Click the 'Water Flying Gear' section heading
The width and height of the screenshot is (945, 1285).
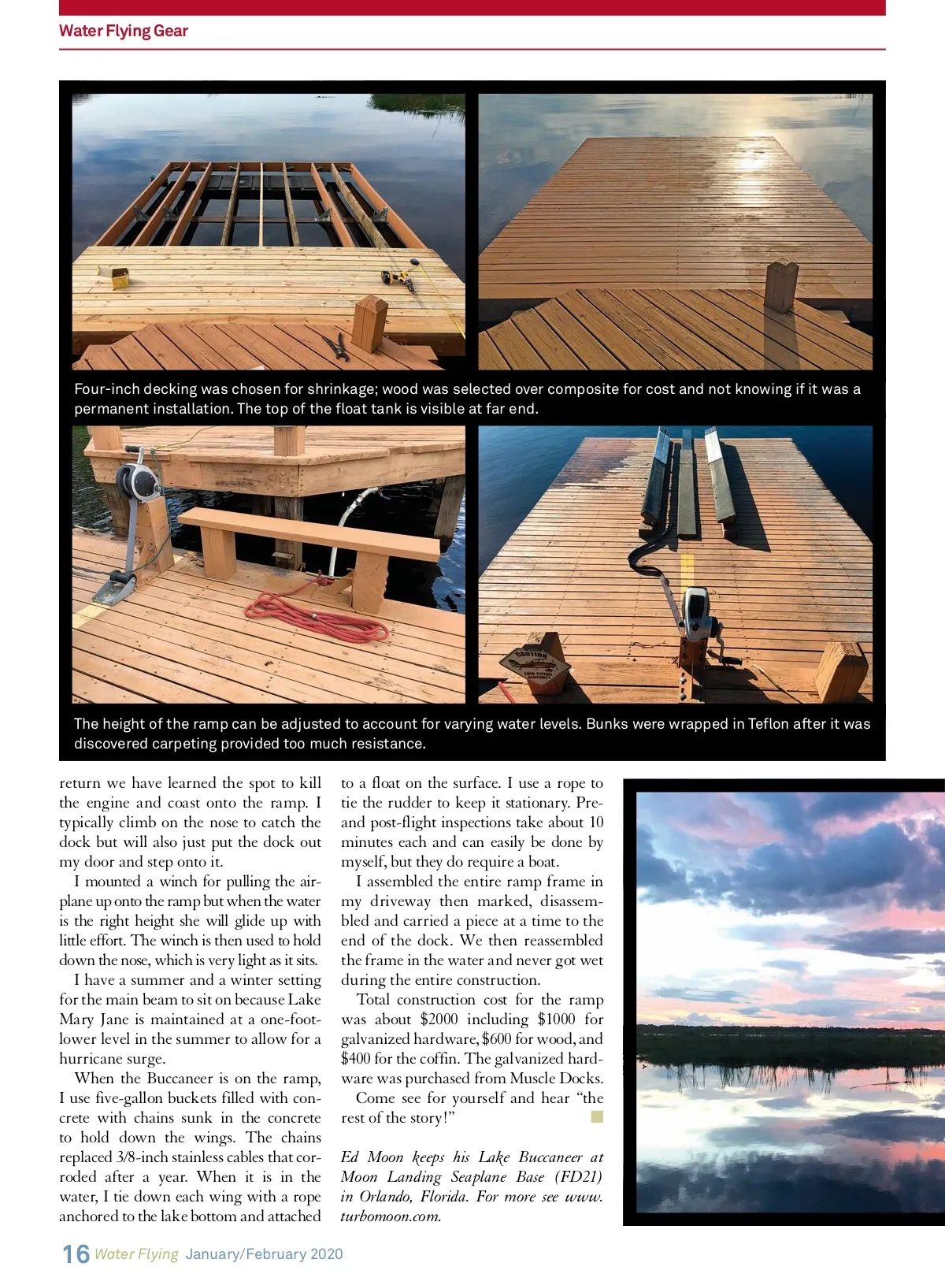124,31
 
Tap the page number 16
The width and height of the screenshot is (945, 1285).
76,1253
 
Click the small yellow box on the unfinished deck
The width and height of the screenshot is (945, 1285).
117,277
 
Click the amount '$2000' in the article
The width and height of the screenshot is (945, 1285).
439,1019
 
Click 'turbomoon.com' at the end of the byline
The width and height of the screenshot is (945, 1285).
391,1216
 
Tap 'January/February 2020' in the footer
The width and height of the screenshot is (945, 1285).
264,1254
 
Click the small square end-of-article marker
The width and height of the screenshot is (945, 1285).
597,1116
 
